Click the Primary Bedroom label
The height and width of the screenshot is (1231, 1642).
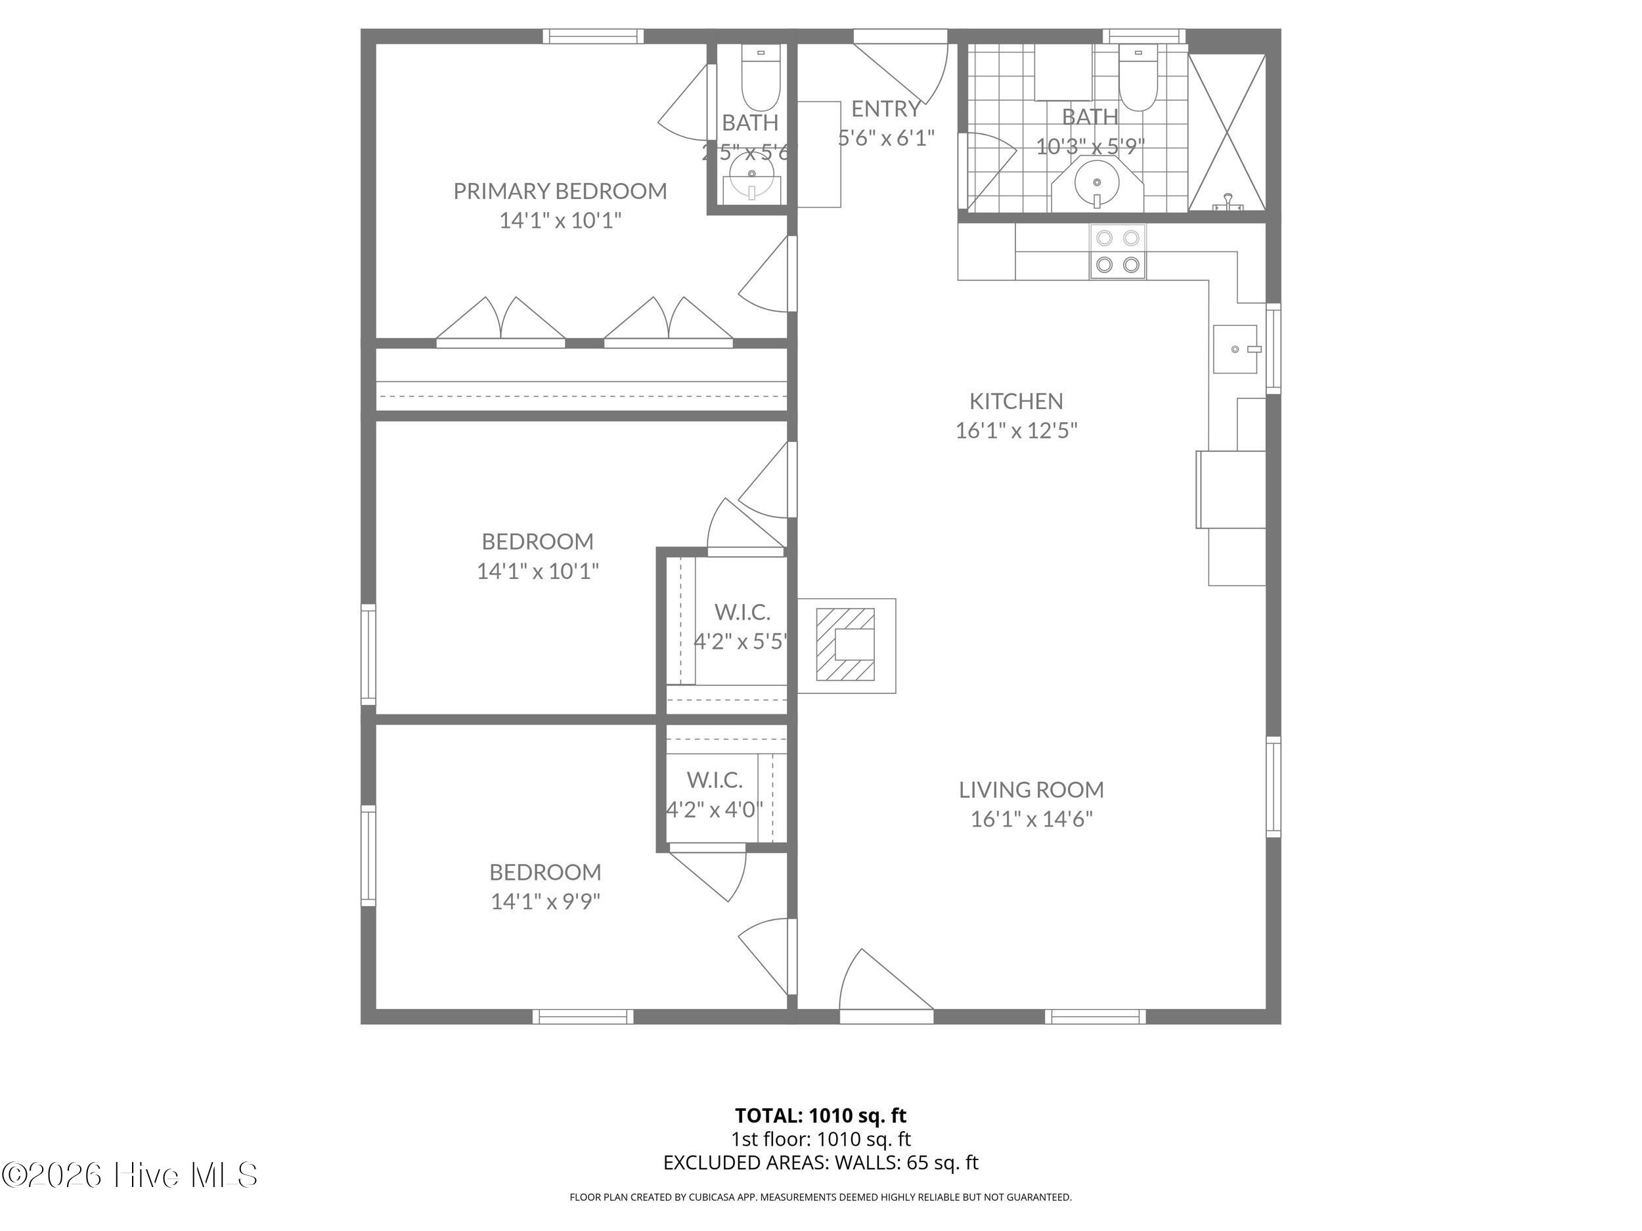560,192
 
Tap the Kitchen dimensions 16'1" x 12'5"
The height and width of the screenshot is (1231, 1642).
1015,431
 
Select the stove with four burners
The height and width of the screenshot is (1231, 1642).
1117,251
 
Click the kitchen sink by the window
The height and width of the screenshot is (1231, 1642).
1235,349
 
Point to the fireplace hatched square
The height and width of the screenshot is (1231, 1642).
845,644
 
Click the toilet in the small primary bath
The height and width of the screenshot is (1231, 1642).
760,81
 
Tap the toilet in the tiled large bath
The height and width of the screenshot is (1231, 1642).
1138,81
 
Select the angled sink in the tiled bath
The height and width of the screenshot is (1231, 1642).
1097,183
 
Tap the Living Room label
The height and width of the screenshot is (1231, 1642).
1031,790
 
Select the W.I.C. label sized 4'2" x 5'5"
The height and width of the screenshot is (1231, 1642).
742,613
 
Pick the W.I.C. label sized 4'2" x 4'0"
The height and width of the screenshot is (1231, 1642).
713,781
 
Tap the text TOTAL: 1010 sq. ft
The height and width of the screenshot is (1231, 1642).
820,1115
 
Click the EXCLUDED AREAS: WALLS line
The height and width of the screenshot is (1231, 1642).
820,1163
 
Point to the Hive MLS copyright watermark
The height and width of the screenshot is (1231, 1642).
130,1175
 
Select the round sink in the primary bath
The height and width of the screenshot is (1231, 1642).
751,175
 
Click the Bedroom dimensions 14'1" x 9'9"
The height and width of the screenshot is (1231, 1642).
545,901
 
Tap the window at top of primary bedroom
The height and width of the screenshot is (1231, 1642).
592,35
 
